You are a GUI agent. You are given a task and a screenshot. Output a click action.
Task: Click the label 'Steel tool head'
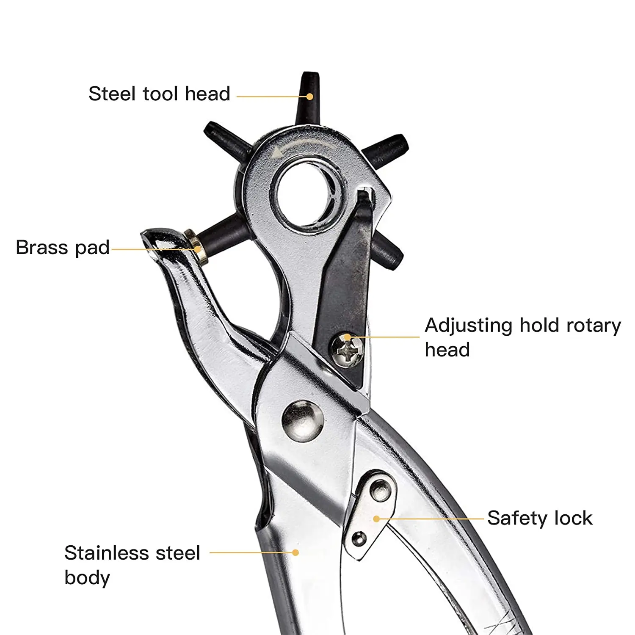coord(159,94)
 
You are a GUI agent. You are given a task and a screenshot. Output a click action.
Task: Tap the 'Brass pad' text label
coord(63,248)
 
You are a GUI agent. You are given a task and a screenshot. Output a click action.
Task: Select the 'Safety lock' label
coord(540,518)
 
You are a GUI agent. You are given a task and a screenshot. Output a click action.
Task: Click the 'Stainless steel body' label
coord(132,565)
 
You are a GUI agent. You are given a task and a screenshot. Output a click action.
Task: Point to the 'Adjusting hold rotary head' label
coord(522,337)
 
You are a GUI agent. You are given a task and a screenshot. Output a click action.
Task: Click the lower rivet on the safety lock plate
coord(359,539)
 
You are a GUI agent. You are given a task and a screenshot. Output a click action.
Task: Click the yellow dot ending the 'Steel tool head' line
coord(309,97)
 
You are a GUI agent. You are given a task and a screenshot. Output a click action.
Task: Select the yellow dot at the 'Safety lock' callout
coord(376,519)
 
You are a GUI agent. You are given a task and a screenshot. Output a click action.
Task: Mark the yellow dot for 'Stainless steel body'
coord(295,552)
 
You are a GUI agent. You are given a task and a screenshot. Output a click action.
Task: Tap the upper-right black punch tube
coord(385,150)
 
